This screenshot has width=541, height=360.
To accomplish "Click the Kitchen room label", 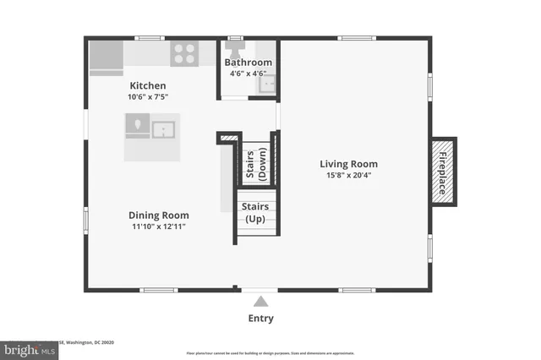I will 147,86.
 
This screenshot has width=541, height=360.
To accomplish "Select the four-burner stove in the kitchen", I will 184,55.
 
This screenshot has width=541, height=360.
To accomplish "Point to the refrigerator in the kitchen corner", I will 107,57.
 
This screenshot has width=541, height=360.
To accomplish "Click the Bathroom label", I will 248,63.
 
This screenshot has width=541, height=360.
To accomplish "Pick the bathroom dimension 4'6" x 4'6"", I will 248,74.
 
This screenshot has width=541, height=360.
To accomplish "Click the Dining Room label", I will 158,215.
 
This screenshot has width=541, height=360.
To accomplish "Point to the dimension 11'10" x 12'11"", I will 158,226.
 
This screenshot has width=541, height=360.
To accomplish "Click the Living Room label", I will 348,164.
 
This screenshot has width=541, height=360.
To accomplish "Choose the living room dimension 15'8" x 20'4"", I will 348,176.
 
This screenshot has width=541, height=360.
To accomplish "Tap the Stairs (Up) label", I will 255,212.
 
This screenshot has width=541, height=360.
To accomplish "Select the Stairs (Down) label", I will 256,163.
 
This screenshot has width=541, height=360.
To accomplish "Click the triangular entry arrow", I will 261,301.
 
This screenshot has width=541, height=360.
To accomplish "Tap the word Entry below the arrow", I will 260,319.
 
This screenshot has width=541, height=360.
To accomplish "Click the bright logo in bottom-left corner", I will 27,348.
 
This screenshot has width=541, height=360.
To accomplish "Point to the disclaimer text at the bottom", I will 269,353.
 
